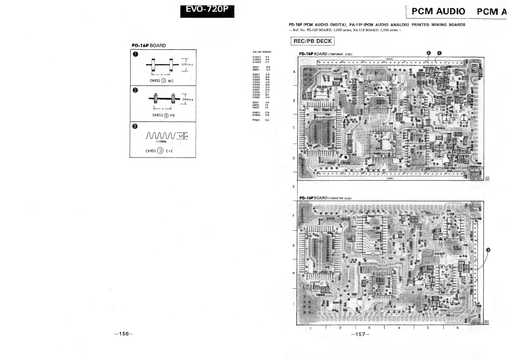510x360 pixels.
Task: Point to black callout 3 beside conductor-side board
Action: pos(488,250)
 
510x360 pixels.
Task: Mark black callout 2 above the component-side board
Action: pos(429,53)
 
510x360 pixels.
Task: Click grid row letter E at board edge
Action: pos(293,187)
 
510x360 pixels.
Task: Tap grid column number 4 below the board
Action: pos(399,328)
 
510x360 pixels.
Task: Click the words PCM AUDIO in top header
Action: pos(438,12)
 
